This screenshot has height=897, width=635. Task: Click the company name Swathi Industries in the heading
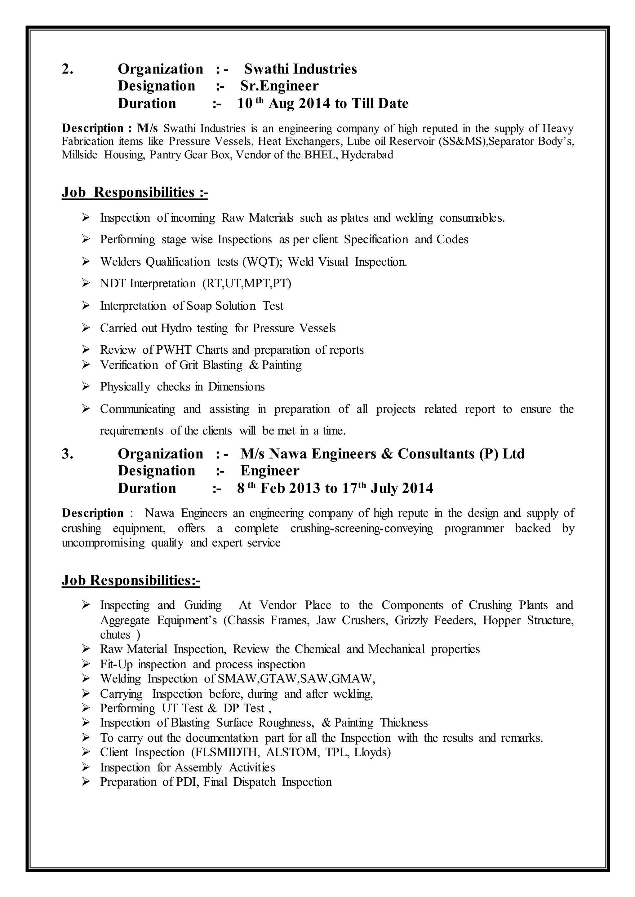[300, 69]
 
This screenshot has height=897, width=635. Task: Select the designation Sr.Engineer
[279, 86]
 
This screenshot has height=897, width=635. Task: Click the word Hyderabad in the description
[367, 155]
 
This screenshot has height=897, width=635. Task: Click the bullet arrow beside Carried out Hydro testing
[86, 328]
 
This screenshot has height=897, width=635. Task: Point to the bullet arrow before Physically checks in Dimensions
[86, 387]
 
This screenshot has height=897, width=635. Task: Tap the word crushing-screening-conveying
[362, 528]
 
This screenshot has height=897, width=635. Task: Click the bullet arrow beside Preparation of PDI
[86, 782]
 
